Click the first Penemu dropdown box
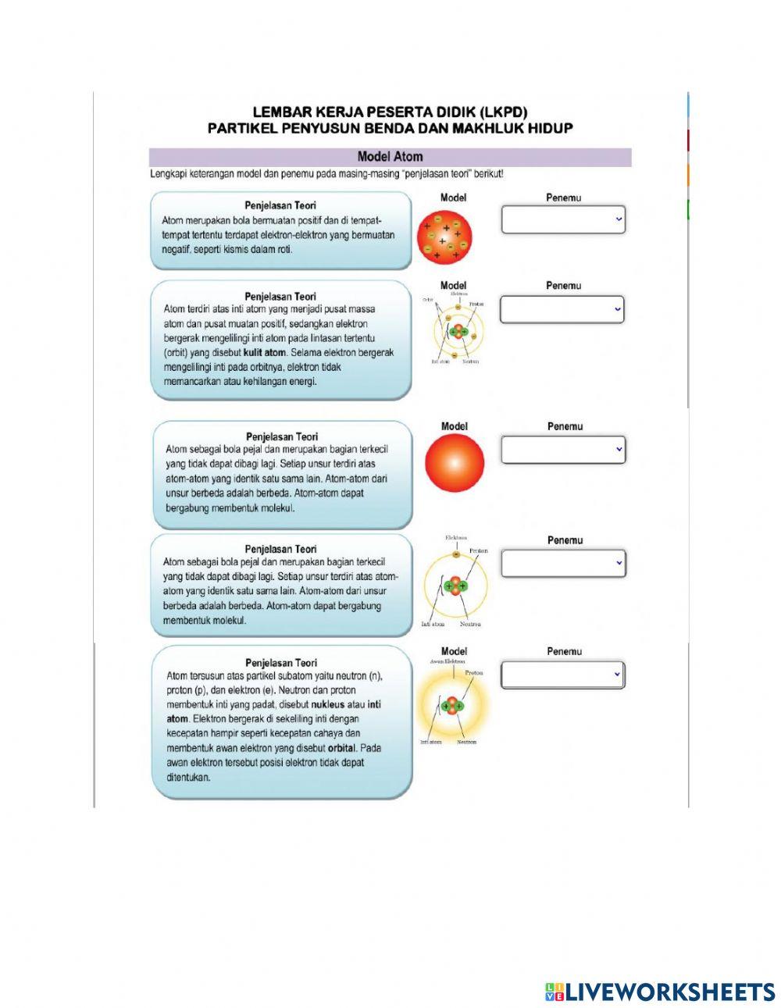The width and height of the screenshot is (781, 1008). point(562,220)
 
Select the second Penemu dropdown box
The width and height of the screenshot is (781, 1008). point(562,309)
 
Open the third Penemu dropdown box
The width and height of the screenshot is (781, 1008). point(562,450)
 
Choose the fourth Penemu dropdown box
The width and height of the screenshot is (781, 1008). point(562,563)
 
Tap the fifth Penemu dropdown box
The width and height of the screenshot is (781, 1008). point(562,675)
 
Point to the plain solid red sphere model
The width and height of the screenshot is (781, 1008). point(455,463)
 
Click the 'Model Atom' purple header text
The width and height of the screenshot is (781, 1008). point(390,157)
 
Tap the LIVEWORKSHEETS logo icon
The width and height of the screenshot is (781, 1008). point(555,992)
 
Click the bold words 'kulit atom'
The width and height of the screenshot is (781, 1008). point(265,353)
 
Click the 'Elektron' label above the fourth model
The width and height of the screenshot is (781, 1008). point(456,537)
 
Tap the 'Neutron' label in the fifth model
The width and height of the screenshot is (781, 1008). point(467,742)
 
